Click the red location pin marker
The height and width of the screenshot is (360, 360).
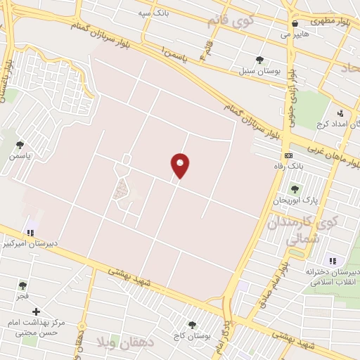pos(180,165)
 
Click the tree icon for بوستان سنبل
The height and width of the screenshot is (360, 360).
pos(260,60)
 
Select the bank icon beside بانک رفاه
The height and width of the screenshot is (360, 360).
pos(288,155)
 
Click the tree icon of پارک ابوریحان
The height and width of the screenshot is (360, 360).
pos(295,189)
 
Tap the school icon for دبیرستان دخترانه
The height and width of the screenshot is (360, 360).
pos(332,261)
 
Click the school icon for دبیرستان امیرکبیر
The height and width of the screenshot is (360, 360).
pos(30,231)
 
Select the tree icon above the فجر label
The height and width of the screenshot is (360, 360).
pos(22,285)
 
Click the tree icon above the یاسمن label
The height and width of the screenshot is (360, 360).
pos(20,146)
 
